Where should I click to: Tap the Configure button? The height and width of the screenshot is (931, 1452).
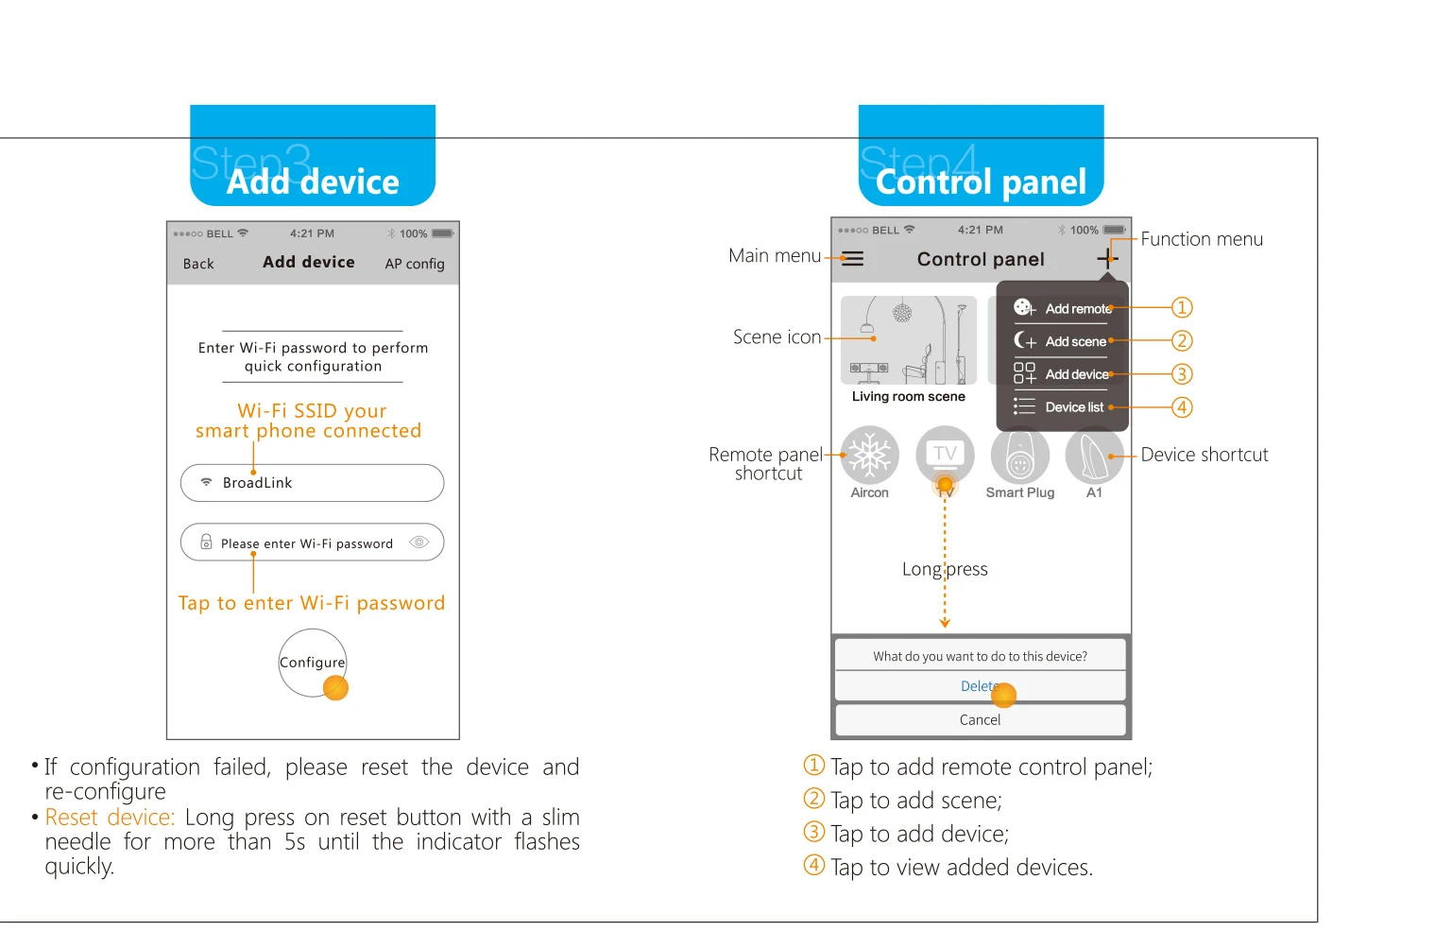point(313,663)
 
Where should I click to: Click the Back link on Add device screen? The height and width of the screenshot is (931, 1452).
point(198,264)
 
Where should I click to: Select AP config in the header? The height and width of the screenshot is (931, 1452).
point(415,264)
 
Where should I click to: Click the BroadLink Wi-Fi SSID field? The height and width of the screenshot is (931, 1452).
point(313,483)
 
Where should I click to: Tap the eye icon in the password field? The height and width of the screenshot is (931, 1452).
point(419,542)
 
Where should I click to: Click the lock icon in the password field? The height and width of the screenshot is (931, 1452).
point(206,542)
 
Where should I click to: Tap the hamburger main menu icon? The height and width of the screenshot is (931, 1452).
point(853,259)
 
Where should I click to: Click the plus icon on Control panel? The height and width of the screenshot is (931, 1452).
point(1108,259)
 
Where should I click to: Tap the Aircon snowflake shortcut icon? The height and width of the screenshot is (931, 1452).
point(870,456)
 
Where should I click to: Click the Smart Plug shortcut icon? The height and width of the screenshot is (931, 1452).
point(1020,456)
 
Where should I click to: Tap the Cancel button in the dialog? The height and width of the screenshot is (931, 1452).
point(980,719)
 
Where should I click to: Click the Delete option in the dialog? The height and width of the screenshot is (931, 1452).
point(980,686)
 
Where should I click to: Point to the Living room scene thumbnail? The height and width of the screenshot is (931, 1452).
point(909,340)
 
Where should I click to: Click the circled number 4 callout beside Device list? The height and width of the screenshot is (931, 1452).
point(1182,407)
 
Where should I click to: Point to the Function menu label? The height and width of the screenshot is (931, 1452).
point(1202,239)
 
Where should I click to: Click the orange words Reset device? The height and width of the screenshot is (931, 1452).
point(110,817)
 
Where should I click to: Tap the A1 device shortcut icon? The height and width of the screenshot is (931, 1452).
point(1095,456)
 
